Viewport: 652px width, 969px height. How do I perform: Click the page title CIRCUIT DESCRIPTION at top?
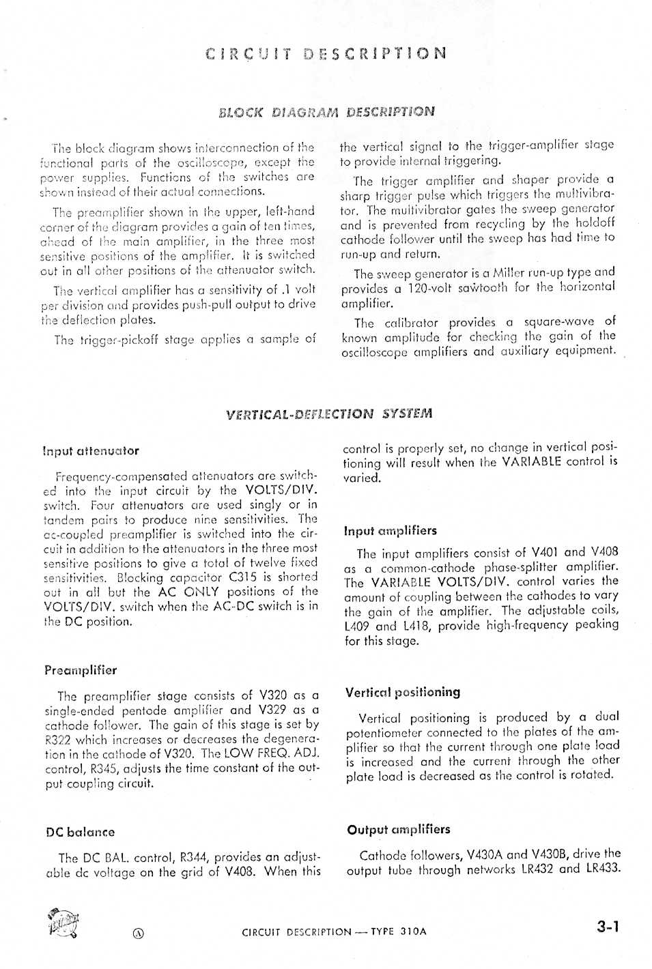[x=326, y=53]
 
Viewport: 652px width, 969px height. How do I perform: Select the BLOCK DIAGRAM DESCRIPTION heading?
[x=326, y=111]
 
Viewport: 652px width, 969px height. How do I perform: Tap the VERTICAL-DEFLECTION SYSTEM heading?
[x=328, y=414]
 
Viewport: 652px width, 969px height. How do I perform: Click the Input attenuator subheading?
[x=91, y=450]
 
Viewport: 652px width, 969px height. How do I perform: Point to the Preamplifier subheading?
[x=81, y=670]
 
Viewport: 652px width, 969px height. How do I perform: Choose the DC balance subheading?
[x=80, y=832]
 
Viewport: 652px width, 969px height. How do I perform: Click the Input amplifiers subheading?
[x=390, y=530]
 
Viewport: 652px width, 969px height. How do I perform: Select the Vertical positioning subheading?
[x=402, y=692]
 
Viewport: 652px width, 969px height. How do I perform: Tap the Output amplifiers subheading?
[x=398, y=829]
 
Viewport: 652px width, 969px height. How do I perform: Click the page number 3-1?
[x=608, y=926]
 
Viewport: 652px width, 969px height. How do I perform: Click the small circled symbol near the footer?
[x=139, y=934]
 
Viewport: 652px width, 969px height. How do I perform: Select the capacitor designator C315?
[x=242, y=577]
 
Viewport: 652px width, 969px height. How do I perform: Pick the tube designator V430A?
[x=487, y=854]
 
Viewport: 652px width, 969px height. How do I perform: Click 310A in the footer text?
[x=413, y=931]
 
